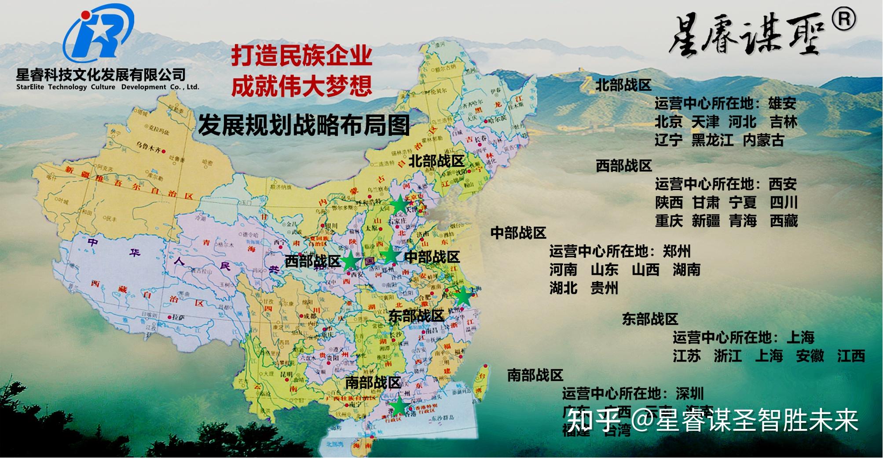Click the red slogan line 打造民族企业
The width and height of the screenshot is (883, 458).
coord(302,56)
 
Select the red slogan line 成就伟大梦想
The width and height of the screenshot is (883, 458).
coord(302,85)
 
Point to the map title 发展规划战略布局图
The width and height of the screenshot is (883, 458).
coord(304,125)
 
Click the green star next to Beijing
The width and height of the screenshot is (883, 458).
coord(399,204)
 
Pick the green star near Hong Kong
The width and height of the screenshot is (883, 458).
coord(398,406)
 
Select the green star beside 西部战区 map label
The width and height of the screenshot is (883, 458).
coord(351,261)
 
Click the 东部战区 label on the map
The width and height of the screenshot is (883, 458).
coord(416,315)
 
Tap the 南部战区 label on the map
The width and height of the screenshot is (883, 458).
coord(373,382)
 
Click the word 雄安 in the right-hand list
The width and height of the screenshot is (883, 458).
coord(782,103)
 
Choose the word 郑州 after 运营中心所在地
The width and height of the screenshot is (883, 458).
coord(677,251)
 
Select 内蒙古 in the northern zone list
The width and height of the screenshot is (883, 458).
coord(764,140)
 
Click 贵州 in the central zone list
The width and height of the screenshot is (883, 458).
coord(605,288)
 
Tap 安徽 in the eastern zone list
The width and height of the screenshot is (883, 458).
coord(810,355)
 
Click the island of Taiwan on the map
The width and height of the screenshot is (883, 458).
coord(481,383)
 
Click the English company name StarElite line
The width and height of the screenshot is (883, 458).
coord(108,87)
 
